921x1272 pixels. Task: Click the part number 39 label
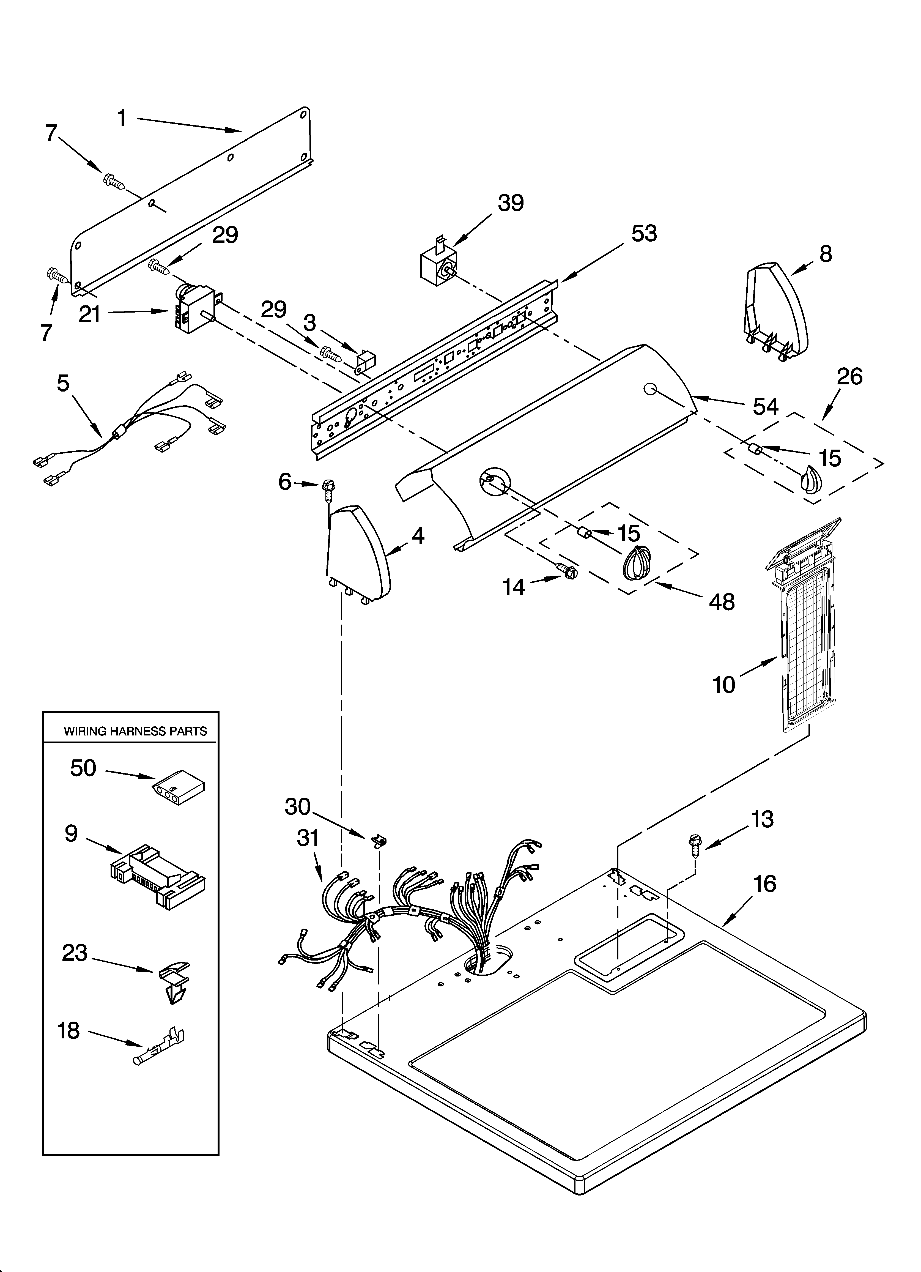[x=510, y=203]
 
